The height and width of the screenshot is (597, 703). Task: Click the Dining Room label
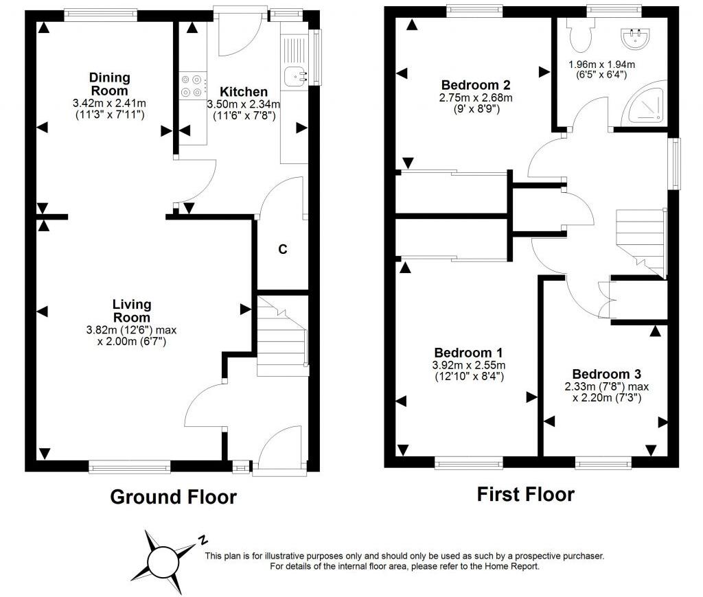tap(110, 84)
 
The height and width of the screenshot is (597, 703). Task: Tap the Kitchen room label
tap(244, 91)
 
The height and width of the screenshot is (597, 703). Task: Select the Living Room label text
tap(132, 311)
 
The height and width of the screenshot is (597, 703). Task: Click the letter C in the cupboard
tap(281, 249)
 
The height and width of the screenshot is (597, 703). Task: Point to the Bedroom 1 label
tap(470, 353)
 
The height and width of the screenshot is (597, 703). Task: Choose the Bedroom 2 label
tap(476, 85)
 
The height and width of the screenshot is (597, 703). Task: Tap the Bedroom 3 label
tap(606, 374)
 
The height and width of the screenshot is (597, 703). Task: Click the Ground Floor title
tap(173, 497)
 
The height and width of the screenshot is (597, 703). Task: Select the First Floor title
tap(525, 494)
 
